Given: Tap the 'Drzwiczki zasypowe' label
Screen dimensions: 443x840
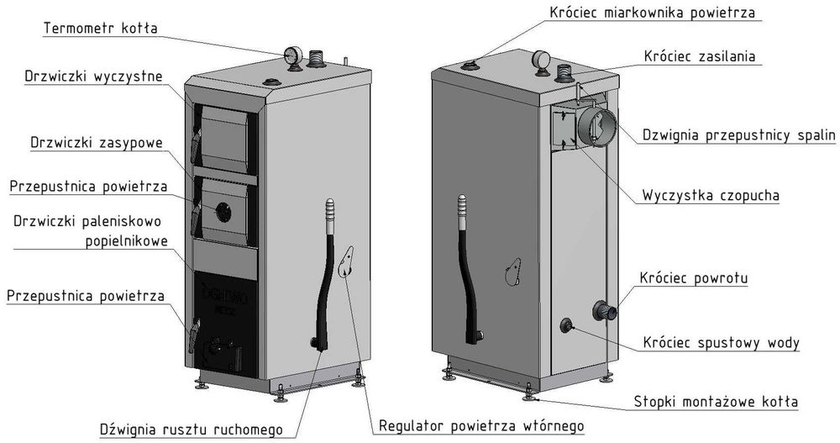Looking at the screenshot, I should [96, 142].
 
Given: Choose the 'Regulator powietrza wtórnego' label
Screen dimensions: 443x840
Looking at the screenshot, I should [481, 425].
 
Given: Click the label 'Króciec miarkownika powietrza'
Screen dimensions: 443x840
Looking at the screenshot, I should [653, 13].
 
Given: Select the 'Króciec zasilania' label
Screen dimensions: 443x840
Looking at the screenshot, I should [700, 57].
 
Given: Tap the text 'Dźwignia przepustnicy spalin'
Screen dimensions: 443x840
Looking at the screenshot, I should [738, 134].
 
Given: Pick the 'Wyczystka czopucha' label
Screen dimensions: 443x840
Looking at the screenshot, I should [711, 195].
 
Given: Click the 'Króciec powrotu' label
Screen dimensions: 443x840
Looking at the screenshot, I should [693, 277].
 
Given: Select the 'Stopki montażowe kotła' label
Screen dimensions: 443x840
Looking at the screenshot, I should [717, 401].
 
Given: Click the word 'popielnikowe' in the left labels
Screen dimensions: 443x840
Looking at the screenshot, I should [126, 241].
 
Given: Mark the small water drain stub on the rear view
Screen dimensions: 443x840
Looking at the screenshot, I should [567, 324].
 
